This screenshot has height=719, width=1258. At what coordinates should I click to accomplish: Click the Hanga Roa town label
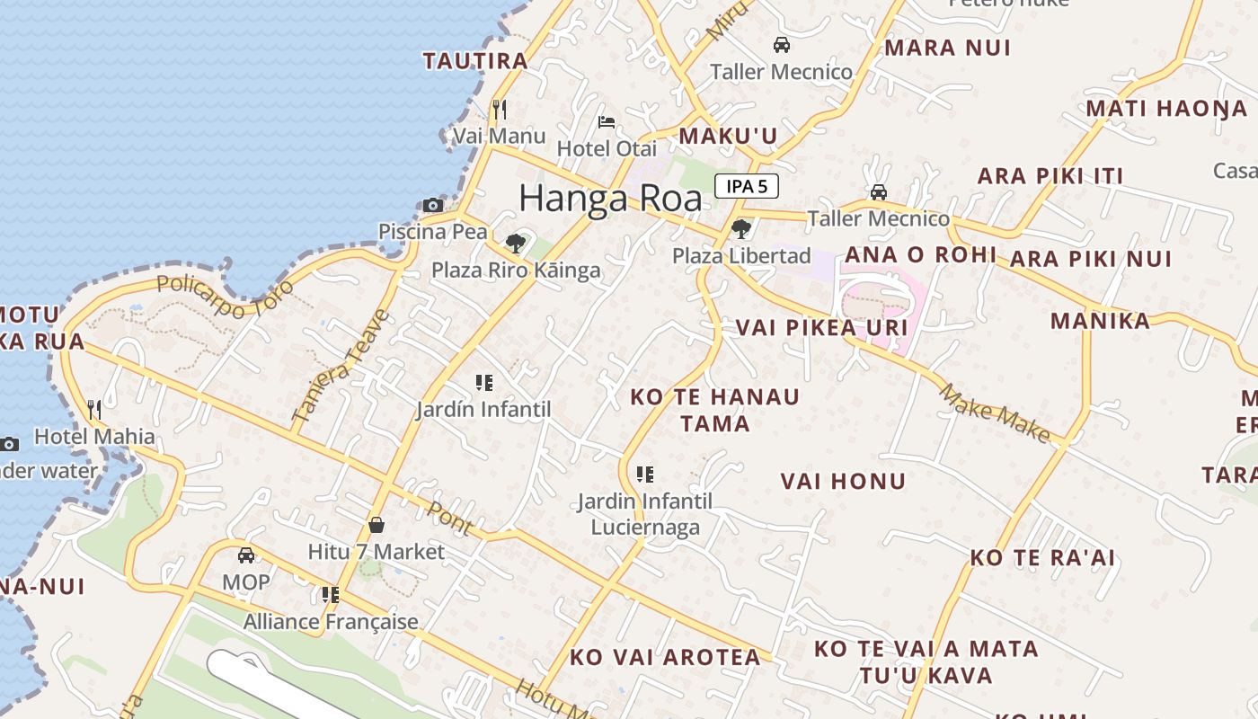click(610, 198)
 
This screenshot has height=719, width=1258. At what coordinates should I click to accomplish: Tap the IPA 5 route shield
click(746, 187)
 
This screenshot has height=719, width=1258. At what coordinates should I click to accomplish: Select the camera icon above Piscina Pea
click(433, 206)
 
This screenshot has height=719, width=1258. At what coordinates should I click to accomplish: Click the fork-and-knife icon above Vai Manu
click(500, 110)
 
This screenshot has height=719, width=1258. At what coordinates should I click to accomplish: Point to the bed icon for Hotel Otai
click(607, 122)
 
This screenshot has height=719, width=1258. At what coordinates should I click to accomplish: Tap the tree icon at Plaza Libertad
click(740, 229)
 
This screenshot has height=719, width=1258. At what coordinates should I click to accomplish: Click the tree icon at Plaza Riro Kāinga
click(515, 243)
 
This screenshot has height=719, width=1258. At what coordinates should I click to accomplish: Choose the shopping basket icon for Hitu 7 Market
click(377, 525)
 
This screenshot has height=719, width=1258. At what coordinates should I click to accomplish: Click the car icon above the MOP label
click(245, 555)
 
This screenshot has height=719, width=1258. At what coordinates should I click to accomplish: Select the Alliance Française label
click(331, 622)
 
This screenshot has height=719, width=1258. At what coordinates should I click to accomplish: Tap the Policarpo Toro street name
click(225, 297)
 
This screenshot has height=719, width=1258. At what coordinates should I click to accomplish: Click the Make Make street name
click(995, 413)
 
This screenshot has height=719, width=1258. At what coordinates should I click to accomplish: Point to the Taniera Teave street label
click(341, 367)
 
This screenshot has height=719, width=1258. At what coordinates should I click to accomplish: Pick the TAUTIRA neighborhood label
click(475, 61)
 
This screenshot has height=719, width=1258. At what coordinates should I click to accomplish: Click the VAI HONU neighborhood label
click(843, 482)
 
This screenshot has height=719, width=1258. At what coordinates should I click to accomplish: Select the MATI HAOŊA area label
click(1166, 109)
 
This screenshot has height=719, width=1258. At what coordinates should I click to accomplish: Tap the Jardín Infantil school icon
click(484, 383)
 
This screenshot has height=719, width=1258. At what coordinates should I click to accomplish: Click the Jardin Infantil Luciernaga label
click(644, 514)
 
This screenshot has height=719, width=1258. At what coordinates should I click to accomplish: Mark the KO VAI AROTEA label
click(665, 658)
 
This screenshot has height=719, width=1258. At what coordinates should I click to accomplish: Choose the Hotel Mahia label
click(94, 438)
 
